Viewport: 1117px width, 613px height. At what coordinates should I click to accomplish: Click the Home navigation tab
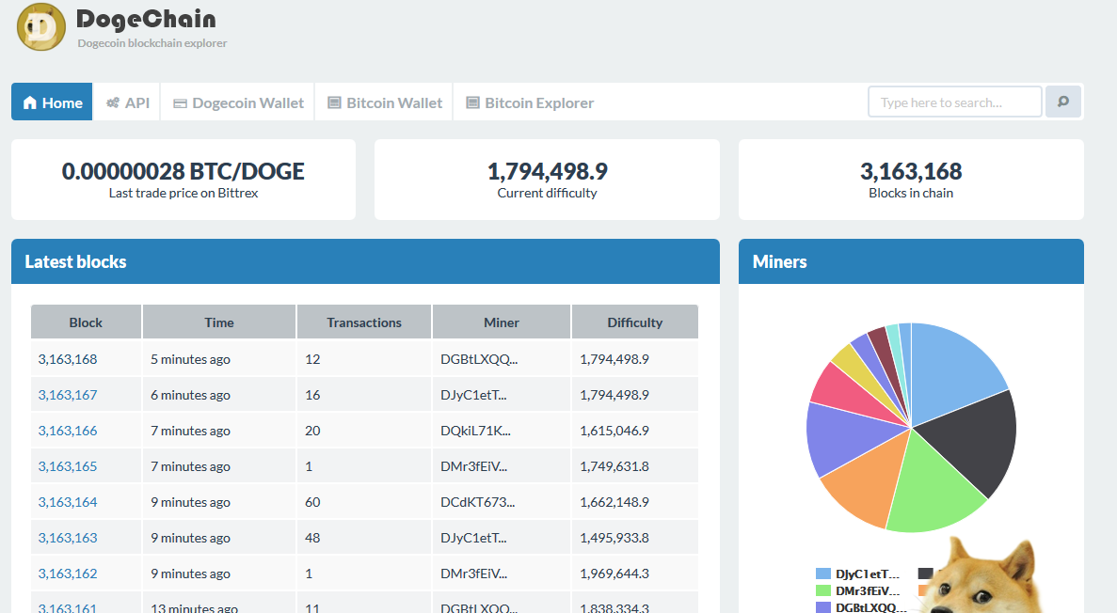click(x=52, y=102)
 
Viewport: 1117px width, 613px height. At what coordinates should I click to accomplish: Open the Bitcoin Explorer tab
click(x=530, y=102)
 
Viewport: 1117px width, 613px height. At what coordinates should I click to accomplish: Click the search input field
click(x=954, y=102)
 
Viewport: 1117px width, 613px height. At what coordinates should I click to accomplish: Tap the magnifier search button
click(x=1063, y=102)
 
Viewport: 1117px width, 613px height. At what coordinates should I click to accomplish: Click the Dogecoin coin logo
click(x=41, y=27)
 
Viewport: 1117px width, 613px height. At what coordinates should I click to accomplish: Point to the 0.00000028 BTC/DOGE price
click(x=184, y=171)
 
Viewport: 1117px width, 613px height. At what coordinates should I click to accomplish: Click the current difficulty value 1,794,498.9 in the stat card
click(x=547, y=171)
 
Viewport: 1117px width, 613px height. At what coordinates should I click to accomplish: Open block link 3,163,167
click(x=68, y=395)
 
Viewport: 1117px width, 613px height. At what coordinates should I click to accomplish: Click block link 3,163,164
click(x=68, y=502)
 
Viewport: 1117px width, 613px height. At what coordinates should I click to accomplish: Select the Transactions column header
click(x=364, y=322)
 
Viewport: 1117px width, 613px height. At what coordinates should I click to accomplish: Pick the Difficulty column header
click(x=634, y=322)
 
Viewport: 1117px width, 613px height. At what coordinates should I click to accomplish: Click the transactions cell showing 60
click(x=312, y=502)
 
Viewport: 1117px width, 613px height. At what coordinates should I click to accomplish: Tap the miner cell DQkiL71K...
click(x=475, y=431)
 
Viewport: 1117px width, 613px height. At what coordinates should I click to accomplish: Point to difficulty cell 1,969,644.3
click(x=614, y=574)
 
